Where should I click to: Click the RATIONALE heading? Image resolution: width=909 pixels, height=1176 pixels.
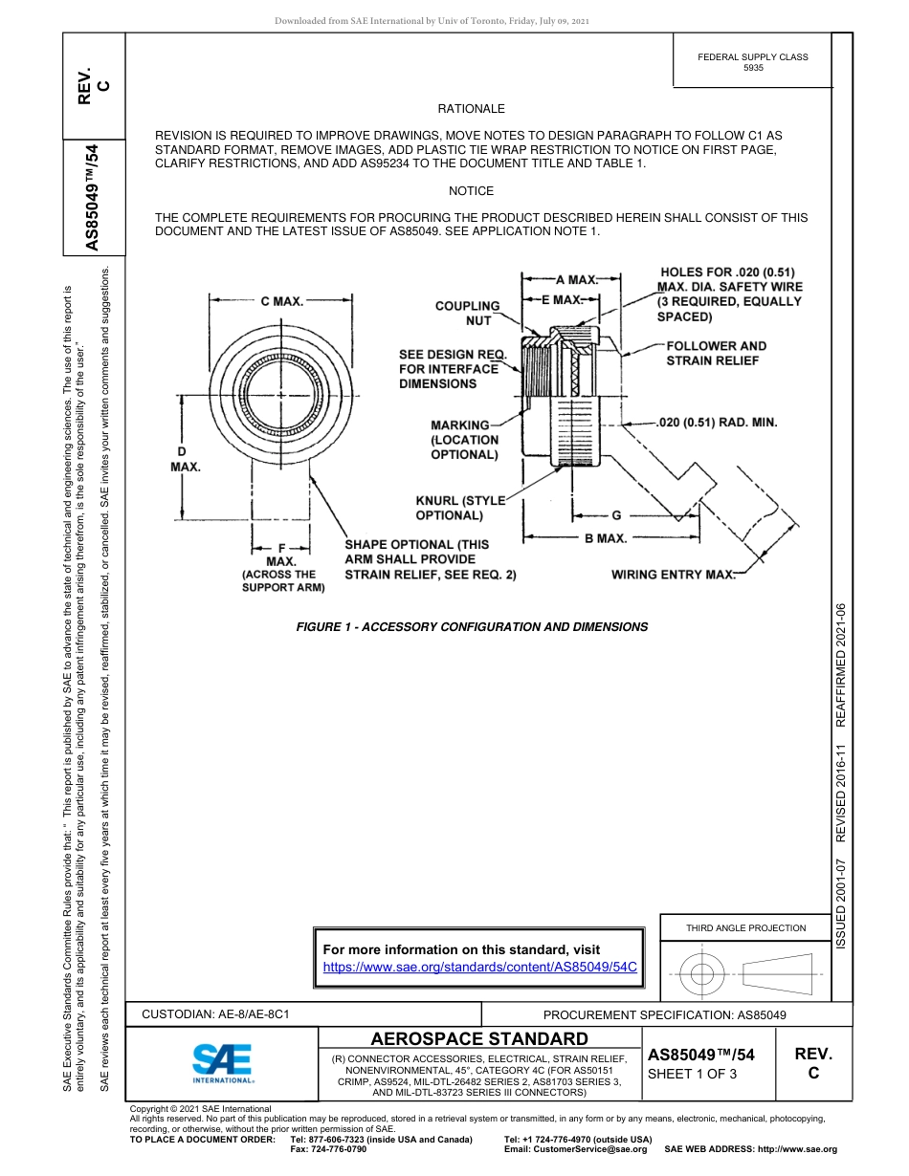471,109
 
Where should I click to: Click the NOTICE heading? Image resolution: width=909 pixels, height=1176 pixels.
471,191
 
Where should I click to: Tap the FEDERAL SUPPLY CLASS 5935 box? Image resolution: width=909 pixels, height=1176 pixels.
752,62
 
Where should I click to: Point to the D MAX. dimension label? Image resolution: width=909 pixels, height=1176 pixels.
185,458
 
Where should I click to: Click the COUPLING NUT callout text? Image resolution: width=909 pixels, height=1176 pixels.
467,314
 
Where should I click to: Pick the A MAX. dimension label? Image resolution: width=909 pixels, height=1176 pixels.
577,280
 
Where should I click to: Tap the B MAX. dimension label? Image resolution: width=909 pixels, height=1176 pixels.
606,538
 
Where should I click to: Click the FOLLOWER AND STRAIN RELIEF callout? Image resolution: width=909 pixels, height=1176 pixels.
716,353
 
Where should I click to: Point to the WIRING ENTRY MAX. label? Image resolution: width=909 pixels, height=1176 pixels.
673,575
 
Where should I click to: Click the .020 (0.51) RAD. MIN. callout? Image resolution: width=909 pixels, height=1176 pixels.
717,422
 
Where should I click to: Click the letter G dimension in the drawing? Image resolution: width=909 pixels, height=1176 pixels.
615,515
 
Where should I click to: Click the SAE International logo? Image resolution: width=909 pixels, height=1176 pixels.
223,1061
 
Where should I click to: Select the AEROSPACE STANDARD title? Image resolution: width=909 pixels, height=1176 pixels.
479,1038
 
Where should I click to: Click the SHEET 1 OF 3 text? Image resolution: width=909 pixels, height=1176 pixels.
693,1074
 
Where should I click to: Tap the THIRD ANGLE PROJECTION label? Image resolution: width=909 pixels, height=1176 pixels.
745,927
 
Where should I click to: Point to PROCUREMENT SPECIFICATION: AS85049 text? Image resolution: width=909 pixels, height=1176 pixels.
664,1015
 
